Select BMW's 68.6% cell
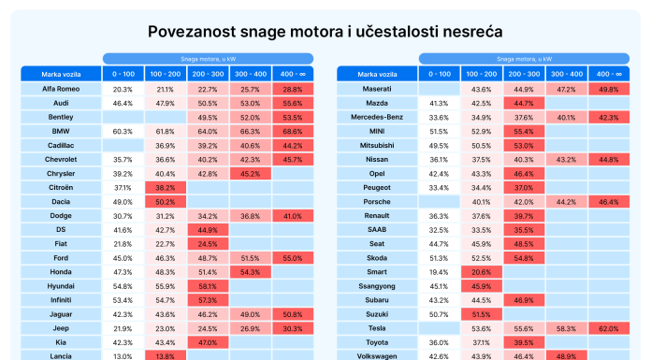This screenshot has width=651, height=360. (x=293, y=131)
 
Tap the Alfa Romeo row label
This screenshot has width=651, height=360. (x=61, y=89)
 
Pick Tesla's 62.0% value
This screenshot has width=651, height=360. (x=609, y=328)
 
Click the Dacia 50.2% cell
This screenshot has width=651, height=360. (x=166, y=202)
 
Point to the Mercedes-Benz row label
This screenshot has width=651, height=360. (x=377, y=117)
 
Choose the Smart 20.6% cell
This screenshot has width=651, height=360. (x=482, y=272)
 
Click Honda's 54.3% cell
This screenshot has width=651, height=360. (x=251, y=272)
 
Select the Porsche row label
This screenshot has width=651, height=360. (x=377, y=202)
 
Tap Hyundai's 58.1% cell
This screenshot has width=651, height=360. (x=208, y=286)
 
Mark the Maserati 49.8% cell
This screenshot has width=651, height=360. (x=609, y=89)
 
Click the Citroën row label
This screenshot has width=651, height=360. (x=61, y=188)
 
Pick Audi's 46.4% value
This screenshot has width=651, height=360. (x=123, y=104)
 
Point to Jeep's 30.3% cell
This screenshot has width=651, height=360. (x=293, y=328)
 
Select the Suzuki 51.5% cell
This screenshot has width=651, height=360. (x=482, y=314)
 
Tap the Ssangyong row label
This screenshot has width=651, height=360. (x=377, y=286)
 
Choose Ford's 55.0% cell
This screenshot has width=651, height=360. (x=293, y=258)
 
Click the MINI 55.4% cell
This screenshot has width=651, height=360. (x=524, y=131)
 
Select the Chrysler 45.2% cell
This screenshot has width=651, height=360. (x=251, y=174)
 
